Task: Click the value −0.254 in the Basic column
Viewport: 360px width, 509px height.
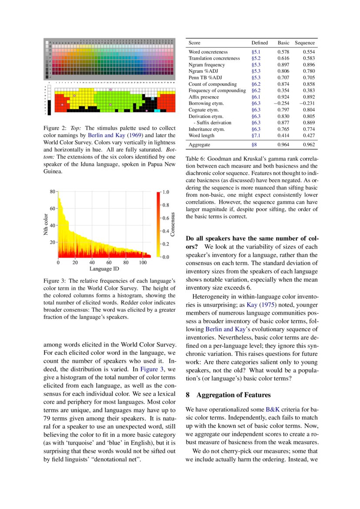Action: pos(282,104)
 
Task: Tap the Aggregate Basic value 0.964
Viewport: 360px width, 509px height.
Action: pos(283,145)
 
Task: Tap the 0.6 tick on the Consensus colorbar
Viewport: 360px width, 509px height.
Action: pos(166,218)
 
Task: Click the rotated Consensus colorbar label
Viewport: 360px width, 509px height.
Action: pos(172,224)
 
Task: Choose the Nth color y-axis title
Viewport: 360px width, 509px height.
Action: pos(46,224)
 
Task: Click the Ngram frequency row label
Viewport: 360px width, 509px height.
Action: pos(207,64)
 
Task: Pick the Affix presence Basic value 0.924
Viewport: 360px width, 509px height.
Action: pos(283,97)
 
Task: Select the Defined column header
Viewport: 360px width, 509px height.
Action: pos(259,43)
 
